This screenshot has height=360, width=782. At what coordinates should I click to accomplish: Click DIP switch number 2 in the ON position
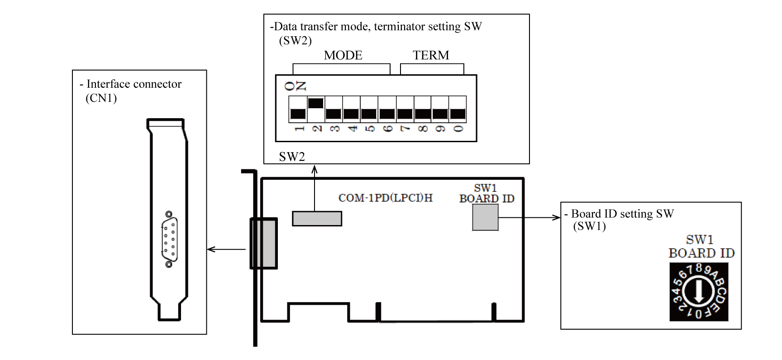point(316,104)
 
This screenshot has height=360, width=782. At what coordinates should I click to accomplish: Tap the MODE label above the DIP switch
point(343,56)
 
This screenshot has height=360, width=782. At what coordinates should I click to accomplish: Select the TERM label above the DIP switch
point(431,56)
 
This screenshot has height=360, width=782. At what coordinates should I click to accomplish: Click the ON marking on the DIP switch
point(301,86)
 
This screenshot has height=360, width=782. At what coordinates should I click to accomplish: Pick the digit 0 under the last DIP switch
point(458,129)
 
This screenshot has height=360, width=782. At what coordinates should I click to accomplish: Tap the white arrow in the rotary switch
point(698,292)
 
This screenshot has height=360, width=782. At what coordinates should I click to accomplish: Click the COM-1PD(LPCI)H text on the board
point(385,198)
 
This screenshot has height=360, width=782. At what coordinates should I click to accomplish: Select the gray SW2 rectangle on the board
point(317,218)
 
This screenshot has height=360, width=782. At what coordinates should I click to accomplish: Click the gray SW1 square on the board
point(485,217)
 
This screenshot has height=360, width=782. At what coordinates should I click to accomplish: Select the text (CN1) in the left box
point(101,98)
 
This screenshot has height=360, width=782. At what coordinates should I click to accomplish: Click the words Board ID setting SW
point(622,214)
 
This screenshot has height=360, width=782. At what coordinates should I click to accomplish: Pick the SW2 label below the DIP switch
point(292,157)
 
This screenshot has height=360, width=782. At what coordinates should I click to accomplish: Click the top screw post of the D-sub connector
point(169,214)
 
